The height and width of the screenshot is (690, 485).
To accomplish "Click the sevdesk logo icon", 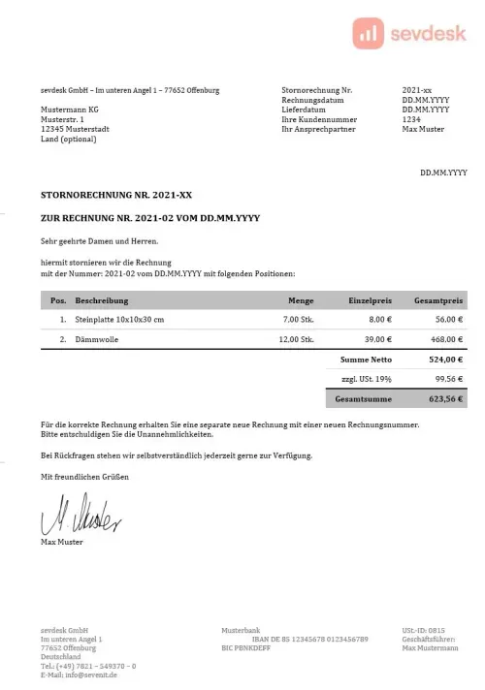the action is pyautogui.click(x=369, y=34).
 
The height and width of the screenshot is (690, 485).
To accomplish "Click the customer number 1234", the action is pyautogui.click(x=410, y=120).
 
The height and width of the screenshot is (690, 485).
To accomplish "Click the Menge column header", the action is pyautogui.click(x=301, y=300).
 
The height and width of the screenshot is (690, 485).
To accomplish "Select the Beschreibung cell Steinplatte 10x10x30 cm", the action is pyautogui.click(x=119, y=319).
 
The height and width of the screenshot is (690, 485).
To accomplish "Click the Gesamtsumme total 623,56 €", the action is pyautogui.click(x=445, y=398).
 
